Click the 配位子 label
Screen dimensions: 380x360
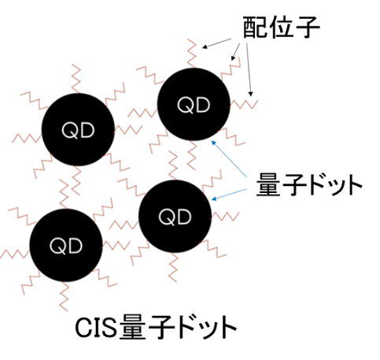pyautogui.click(x=281, y=27)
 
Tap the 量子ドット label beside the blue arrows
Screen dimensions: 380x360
pyautogui.click(x=309, y=184)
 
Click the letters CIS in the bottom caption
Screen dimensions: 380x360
pyautogui.click(x=95, y=328)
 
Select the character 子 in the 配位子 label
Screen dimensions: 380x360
pyautogui.click(x=307, y=27)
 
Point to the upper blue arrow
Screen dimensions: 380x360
pyautogui.click(x=229, y=158)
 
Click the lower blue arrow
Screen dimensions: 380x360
pyautogui.click(x=229, y=195)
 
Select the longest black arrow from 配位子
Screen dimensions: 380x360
pyautogui.click(x=249, y=70)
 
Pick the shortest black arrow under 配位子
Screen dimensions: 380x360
pyautogui.click(x=235, y=52)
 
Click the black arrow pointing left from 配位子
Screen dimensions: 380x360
pyautogui.click(x=217, y=43)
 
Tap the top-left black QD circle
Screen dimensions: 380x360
pyautogui.click(x=78, y=129)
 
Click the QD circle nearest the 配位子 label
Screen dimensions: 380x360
pyautogui.click(x=194, y=104)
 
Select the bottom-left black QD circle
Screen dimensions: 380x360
pyautogui.click(x=66, y=245)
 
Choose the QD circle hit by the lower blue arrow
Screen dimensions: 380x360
pyautogui.click(x=175, y=217)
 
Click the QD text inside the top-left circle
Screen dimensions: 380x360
pyautogui.click(x=78, y=131)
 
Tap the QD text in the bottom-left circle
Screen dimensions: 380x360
pyautogui.click(x=66, y=246)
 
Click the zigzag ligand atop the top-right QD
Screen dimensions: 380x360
pyautogui.click(x=192, y=54)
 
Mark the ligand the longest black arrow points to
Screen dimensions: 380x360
pyautogui.click(x=244, y=104)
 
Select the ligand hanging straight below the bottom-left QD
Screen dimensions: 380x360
pyautogui.click(x=64, y=296)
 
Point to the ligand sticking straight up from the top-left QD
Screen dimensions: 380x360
pyautogui.click(x=76, y=79)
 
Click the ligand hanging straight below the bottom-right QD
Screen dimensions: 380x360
pyautogui.click(x=173, y=267)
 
